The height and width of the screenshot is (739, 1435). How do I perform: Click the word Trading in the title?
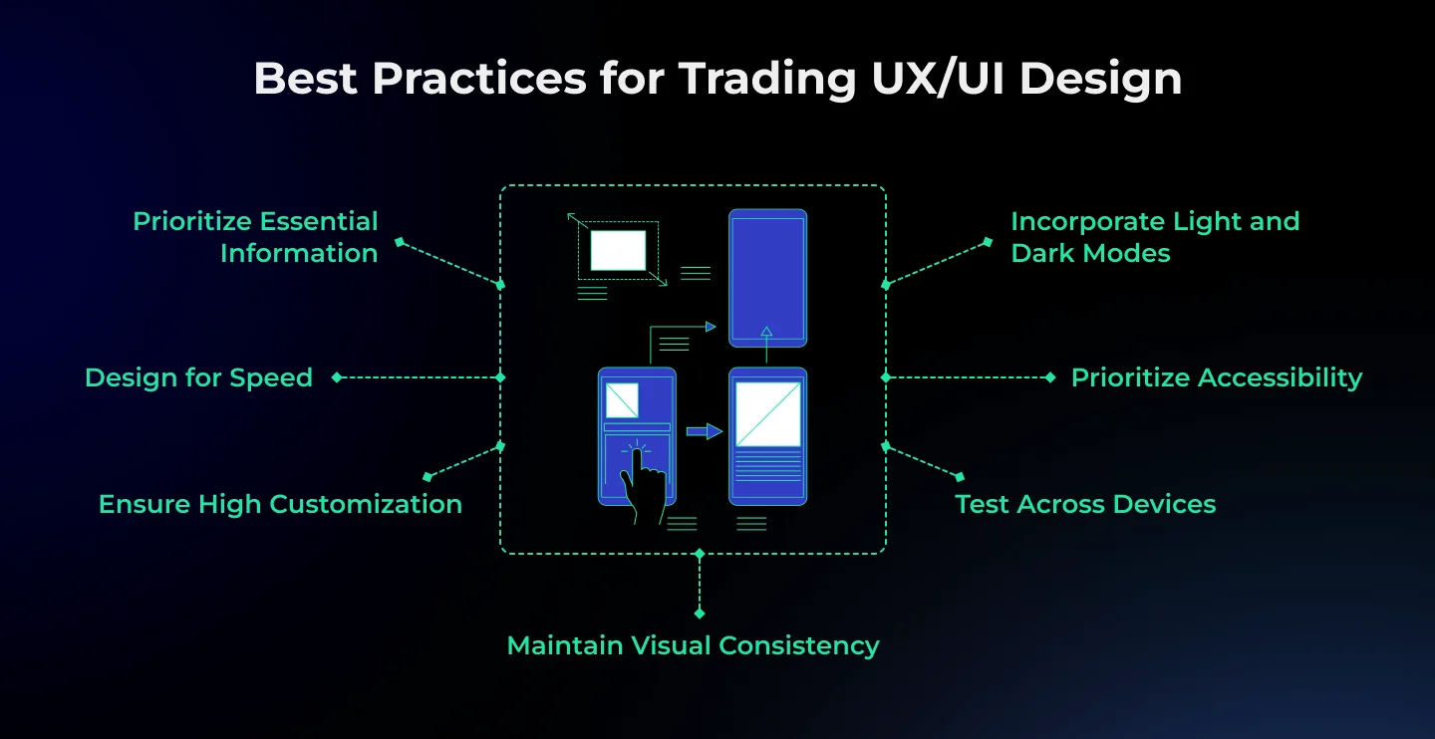(767, 80)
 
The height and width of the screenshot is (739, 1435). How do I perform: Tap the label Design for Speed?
(198, 377)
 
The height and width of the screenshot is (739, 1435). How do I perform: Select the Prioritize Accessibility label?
(1217, 377)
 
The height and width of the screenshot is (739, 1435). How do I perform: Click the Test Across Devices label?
(1085, 504)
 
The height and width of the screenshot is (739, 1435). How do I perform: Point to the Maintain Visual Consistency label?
(693, 645)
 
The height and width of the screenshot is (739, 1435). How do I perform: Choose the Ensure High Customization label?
(280, 504)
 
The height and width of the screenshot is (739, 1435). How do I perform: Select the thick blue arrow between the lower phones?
(704, 431)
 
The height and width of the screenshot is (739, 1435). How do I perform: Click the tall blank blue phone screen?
(767, 278)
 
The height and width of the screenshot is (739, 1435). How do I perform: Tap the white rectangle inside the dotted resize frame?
(618, 250)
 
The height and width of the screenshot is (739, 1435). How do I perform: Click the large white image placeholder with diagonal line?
(767, 413)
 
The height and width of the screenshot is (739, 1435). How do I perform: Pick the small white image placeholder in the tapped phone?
(622, 400)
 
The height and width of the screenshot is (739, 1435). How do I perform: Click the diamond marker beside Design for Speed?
(337, 377)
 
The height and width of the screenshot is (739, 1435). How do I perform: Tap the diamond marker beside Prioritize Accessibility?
(1050, 377)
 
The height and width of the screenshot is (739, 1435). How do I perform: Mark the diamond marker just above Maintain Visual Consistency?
(700, 614)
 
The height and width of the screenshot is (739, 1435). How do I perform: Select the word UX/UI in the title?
(938, 80)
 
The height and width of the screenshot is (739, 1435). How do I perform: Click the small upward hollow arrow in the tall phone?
(766, 332)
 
